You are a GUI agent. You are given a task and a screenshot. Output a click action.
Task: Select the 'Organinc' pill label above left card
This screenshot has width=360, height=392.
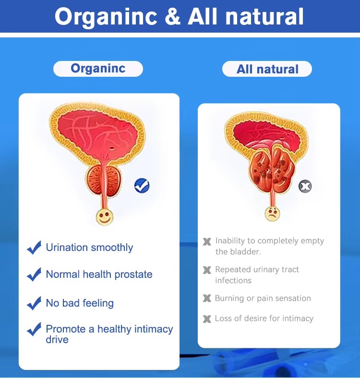pos(98,69)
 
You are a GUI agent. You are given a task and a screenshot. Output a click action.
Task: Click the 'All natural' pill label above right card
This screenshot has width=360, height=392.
pos(267,69)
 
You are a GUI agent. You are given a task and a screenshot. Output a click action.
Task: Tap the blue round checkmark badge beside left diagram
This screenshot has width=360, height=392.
pos(142,185)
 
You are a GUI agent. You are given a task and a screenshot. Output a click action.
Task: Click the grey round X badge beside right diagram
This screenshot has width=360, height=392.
pos(305,186)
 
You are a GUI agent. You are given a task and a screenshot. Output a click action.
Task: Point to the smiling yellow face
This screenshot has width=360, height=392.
pos(105,216)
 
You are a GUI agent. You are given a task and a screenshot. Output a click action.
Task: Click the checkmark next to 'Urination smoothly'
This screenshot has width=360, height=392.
pos(34,248)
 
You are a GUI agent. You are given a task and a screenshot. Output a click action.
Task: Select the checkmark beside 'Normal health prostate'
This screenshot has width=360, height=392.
pos(34,274)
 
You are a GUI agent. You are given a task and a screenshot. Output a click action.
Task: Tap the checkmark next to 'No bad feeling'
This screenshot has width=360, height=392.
pos(34,303)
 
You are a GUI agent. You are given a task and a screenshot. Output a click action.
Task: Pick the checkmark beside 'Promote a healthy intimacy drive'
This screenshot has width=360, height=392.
pos(34,330)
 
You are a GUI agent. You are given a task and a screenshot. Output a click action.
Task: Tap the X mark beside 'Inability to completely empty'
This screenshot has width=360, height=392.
pos(207,241)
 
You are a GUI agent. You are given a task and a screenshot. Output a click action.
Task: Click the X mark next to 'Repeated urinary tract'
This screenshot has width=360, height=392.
pos(207,270)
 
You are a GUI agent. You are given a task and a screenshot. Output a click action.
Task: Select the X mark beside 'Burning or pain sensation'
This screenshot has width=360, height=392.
pos(207,298)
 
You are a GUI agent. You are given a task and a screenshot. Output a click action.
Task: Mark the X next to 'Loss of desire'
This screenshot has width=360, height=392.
pos(207,319)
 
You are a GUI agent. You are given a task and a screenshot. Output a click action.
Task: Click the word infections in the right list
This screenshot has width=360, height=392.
pos(233,280)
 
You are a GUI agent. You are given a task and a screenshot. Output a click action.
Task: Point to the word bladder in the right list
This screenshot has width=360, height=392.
pos(246,251)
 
